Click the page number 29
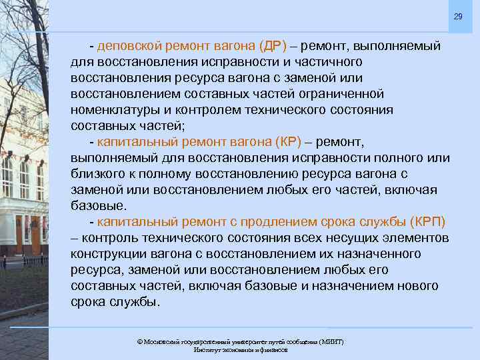(457, 16)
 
